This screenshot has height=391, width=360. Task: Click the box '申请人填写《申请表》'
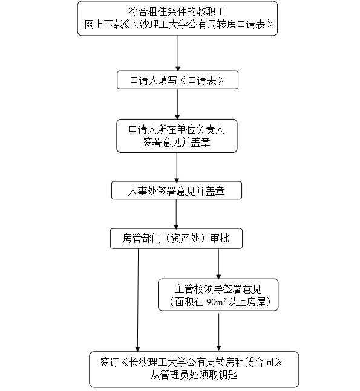pyautogui.click(x=177, y=80)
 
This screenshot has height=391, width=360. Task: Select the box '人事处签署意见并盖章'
pyautogui.click(x=177, y=190)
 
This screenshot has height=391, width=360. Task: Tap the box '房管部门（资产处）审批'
pyautogui.click(x=176, y=238)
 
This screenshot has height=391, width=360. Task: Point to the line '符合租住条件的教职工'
pyautogui.click(x=177, y=11)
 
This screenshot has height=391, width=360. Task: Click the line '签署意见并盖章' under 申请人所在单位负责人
pyautogui.click(x=176, y=143)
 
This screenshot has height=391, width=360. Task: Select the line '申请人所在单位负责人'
pyautogui.click(x=177, y=130)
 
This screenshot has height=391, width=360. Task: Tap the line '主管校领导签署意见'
pyautogui.click(x=218, y=289)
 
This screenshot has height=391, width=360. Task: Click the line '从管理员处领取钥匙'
pyautogui.click(x=194, y=375)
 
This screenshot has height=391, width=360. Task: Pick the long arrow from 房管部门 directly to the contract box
pyautogui.click(x=138, y=300)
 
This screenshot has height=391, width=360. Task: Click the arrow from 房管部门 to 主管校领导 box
pyautogui.click(x=218, y=264)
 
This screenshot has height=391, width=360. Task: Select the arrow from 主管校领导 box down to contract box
pyautogui.click(x=218, y=332)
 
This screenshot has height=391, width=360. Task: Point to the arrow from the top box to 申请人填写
pyautogui.click(x=178, y=53)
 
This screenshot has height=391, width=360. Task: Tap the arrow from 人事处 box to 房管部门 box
pyautogui.click(x=176, y=214)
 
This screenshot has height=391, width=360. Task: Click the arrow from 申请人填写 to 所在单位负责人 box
pyautogui.click(x=177, y=104)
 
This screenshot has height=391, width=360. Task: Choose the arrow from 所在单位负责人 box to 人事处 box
pyautogui.click(x=177, y=167)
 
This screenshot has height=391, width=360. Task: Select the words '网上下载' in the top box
pyautogui.click(x=103, y=24)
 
